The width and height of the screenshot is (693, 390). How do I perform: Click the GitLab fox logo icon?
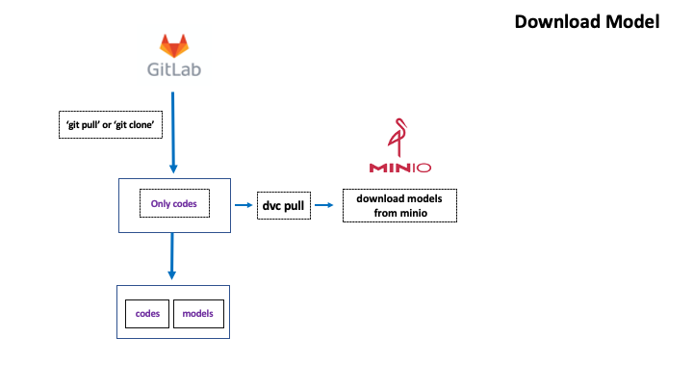click(x=174, y=45)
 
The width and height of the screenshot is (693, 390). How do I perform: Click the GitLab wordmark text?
click(x=174, y=69)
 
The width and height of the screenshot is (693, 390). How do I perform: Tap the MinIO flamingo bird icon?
click(x=398, y=138)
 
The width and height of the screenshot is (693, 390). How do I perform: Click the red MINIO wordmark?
click(x=400, y=168)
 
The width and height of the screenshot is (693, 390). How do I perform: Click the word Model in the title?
click(x=633, y=21)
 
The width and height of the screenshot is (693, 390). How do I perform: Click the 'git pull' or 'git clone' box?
click(x=111, y=124)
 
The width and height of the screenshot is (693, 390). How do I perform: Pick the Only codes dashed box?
click(x=174, y=203)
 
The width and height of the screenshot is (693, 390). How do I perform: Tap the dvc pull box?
click(x=284, y=206)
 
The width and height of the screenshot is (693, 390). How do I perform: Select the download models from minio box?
click(x=400, y=206)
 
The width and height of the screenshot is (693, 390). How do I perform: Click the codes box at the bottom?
click(x=147, y=314)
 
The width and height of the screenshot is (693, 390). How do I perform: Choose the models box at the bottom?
click(x=198, y=314)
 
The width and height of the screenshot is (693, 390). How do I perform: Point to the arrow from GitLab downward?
click(x=173, y=132)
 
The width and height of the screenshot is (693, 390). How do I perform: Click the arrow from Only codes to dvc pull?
click(x=244, y=205)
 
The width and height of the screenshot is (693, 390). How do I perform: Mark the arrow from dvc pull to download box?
click(x=324, y=205)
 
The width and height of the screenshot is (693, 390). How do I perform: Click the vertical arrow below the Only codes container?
click(x=172, y=256)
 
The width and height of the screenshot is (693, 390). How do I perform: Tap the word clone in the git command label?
click(x=141, y=124)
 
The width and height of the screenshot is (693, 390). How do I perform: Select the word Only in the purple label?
click(x=160, y=204)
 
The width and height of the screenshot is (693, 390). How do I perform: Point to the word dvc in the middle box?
click(x=271, y=206)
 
